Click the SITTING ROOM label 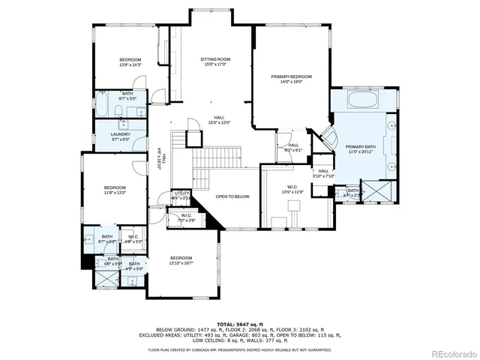coord(214,59)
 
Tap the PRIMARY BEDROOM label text coord(291,76)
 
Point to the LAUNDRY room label coord(121,134)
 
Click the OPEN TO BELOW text coord(232,196)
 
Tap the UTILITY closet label coord(181,193)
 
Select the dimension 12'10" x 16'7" coord(181,263)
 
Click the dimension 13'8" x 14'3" coord(130,66)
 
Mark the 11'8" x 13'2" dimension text coord(115,193)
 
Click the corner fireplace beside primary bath coord(328,138)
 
